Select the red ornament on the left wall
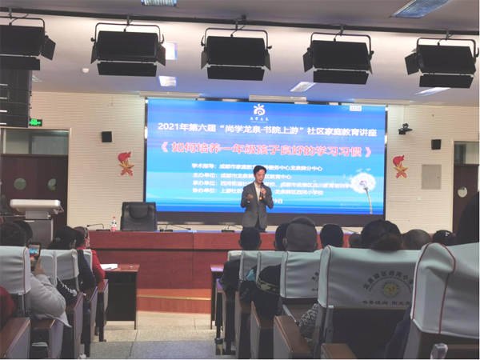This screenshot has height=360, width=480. (x=126, y=162)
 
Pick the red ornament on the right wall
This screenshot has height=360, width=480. (x=399, y=166)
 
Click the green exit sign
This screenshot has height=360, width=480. (x=35, y=122)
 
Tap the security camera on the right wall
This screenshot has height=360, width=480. (x=405, y=128)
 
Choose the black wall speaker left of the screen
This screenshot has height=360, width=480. (x=106, y=136)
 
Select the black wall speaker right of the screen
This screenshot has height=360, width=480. (x=435, y=144)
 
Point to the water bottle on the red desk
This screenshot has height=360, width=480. (x=114, y=224)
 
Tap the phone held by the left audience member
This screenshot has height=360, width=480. (x=34, y=251)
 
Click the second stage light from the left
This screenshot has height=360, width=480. (x=128, y=51)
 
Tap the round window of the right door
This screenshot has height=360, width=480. (x=462, y=192)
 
